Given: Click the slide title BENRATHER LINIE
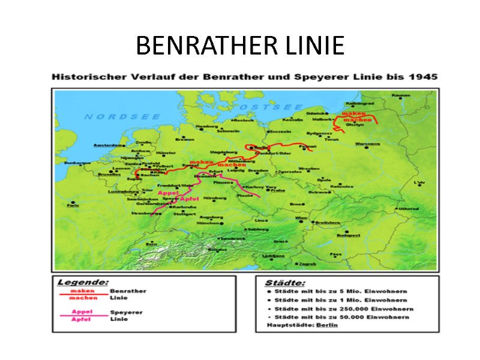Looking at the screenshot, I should [x=240, y=46].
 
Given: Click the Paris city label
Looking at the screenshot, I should [x=73, y=206].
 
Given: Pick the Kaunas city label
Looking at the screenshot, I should [x=401, y=95].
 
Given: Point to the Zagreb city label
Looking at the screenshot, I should [x=307, y=264].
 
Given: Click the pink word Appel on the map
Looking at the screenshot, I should [x=168, y=193].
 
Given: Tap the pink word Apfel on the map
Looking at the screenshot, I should [x=190, y=199].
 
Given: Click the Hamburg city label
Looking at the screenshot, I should [x=206, y=126].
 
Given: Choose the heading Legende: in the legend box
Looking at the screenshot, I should [x=83, y=282].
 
